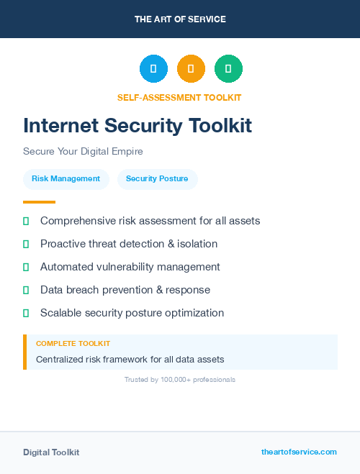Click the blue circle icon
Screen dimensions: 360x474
pos(153,69)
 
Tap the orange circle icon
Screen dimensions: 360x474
pos(191,69)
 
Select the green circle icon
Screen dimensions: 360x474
pos(228,69)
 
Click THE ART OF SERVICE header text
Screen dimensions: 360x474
pos(180,19)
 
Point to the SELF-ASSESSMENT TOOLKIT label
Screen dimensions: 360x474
pos(179,97)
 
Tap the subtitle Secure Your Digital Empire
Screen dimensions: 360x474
pos(83,152)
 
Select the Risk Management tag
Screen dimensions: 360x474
pos(66,179)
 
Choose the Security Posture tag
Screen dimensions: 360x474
pos(157,179)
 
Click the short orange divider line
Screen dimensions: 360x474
pos(39,202)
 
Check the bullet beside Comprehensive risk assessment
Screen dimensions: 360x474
pos(26,221)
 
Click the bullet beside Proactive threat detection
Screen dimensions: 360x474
pos(26,244)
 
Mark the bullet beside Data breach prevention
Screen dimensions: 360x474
pos(26,290)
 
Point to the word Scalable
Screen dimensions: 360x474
pos(61,313)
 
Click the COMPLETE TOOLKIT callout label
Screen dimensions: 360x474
pos(73,344)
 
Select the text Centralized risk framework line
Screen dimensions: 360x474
pos(130,359)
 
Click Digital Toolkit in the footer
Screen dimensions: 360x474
pos(51,452)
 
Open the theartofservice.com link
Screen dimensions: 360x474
pos(299,452)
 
